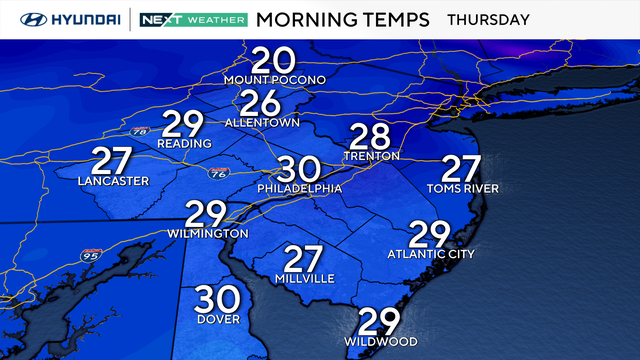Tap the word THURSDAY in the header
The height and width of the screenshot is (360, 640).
click(x=487, y=19)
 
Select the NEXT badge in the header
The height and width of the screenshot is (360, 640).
click(x=160, y=19)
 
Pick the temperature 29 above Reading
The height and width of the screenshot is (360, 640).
click(x=184, y=125)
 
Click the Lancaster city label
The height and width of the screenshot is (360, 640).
click(x=113, y=181)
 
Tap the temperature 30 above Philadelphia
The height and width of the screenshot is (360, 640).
click(x=299, y=168)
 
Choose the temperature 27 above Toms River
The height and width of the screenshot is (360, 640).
click(x=462, y=169)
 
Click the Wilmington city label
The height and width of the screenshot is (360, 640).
click(x=208, y=233)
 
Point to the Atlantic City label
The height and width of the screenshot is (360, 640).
click(x=430, y=254)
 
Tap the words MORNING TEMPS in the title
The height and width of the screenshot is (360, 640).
click(x=343, y=19)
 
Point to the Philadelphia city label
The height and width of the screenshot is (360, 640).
click(x=299, y=188)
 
